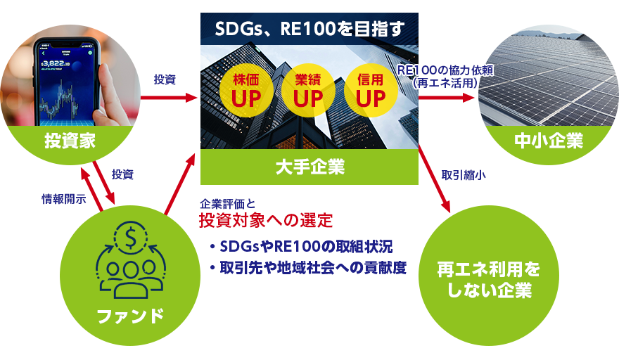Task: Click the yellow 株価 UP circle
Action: point(246,91)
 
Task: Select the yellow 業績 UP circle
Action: point(308,91)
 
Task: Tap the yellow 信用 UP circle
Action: point(371,91)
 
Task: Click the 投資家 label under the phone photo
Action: point(70,141)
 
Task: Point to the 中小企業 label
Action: point(549,141)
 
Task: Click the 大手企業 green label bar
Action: point(309,167)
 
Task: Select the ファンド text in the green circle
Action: point(130,316)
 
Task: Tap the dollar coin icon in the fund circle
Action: point(130,237)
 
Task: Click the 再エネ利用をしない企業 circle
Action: point(489,276)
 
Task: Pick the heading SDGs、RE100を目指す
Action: point(310,29)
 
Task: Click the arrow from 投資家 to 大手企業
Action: point(169,98)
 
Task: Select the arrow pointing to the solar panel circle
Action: point(447,98)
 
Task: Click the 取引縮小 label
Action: point(464,175)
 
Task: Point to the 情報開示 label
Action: point(64,198)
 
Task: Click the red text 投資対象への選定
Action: point(266,220)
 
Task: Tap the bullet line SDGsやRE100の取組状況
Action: point(302,247)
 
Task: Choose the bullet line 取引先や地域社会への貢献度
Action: point(308,268)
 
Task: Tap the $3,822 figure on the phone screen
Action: point(56,63)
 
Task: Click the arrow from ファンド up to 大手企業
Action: point(179,184)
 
